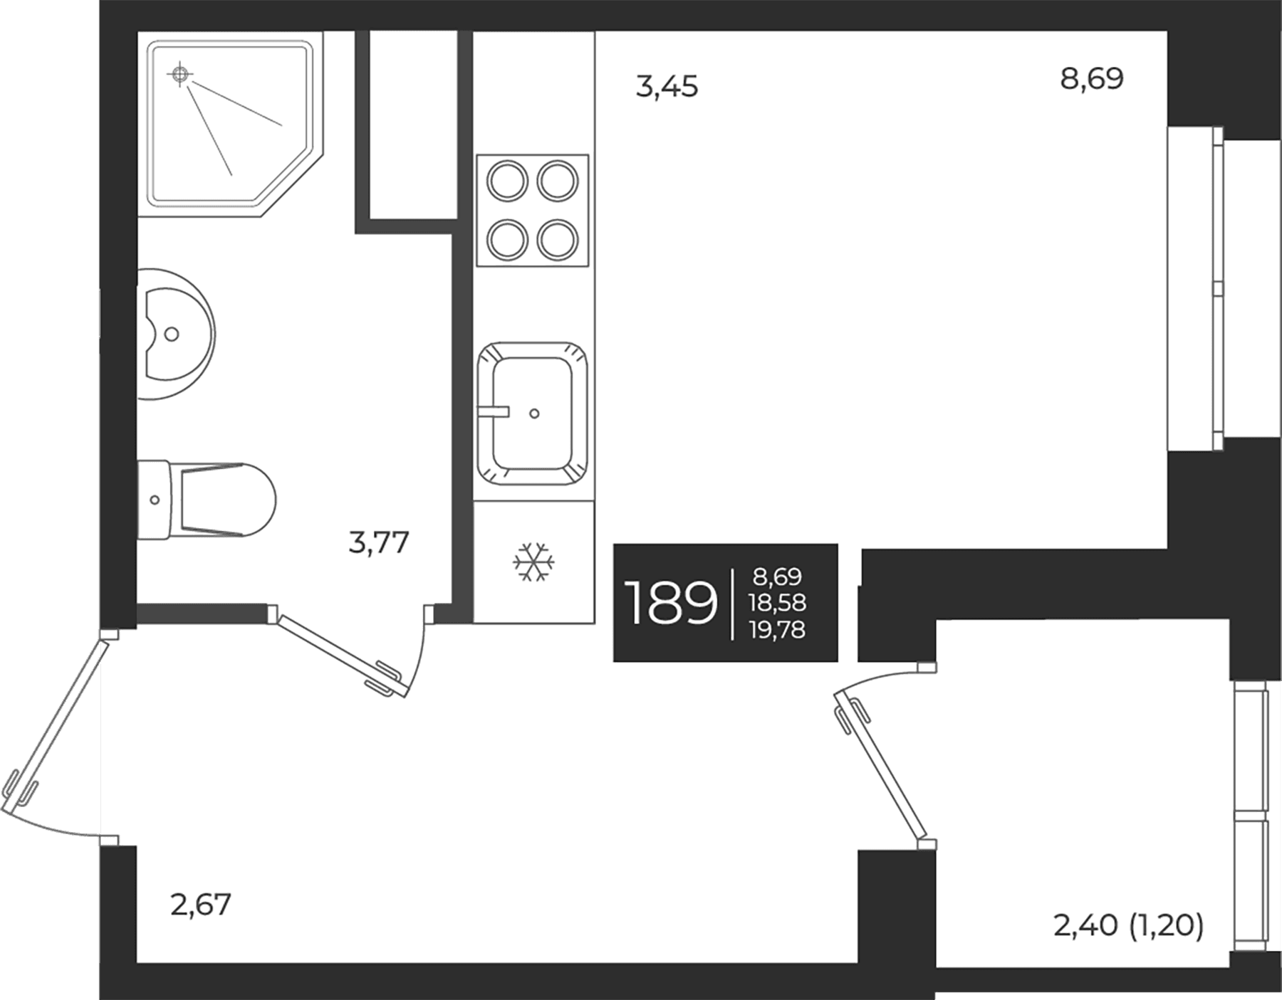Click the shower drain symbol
(180, 73)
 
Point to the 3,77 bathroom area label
(379, 543)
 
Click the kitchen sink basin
(533, 413)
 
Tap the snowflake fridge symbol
(533, 562)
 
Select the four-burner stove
(533, 211)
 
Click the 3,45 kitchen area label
(667, 87)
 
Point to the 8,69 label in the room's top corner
(1092, 78)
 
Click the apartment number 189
(670, 602)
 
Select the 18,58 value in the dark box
(777, 603)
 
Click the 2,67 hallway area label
(202, 905)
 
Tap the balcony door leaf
(880, 766)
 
